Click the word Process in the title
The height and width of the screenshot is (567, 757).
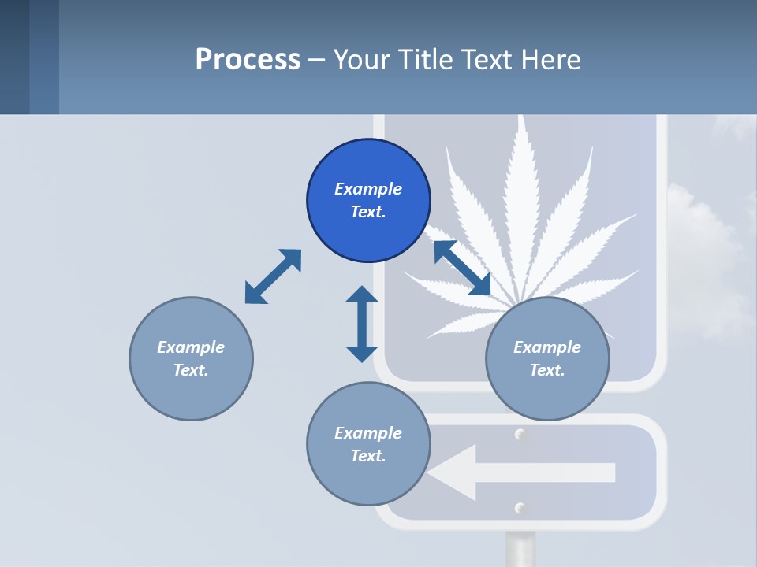[x=248, y=59]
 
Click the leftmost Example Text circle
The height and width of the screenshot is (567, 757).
[x=191, y=358]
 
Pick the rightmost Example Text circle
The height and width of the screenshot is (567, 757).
[x=547, y=358]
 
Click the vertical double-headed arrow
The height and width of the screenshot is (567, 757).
[x=362, y=324]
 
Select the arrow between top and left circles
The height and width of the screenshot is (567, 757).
[x=273, y=276]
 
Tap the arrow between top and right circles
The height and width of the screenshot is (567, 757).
[x=462, y=268]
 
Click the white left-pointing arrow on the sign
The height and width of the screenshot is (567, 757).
[x=520, y=472]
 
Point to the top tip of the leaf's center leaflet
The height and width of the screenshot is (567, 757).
[x=520, y=118]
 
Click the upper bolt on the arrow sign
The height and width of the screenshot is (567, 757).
[x=520, y=435]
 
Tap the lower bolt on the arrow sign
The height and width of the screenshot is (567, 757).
[x=520, y=508]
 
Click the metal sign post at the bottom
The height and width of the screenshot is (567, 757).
[x=520, y=549]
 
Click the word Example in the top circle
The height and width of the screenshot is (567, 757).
[x=368, y=189]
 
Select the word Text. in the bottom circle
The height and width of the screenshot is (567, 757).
[x=368, y=456]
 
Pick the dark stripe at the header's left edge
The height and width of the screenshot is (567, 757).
[x=14, y=57]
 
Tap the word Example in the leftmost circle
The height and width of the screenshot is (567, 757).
[x=191, y=347]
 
